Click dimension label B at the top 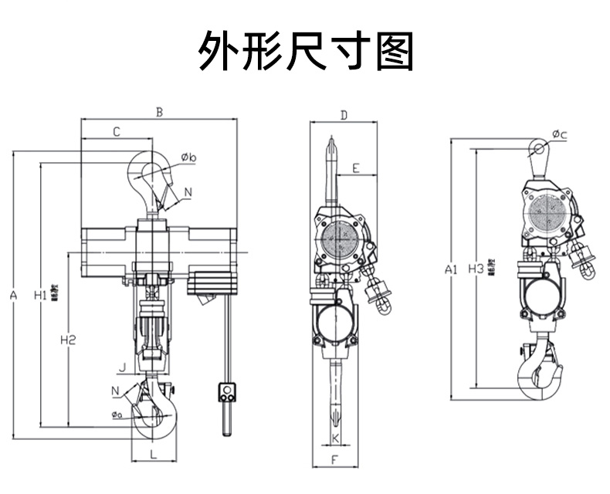pos(159,112)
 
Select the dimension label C pos(116,132)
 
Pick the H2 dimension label pos(68,339)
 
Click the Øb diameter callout pos(189,158)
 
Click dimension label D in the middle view pos(344,116)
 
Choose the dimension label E pos(356,167)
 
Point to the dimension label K pos(335,438)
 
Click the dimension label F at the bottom pos(335,461)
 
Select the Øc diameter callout pos(560,136)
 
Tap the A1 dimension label pos(453,269)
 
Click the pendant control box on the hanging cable pos(227,393)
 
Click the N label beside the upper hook pos(188,191)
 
